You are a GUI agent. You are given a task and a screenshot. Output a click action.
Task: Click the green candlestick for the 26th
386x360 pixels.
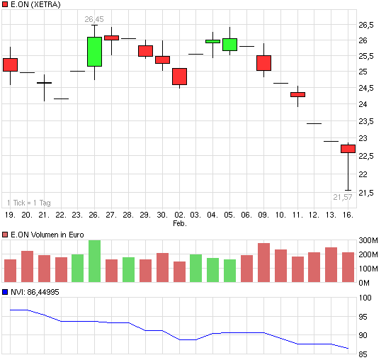[94, 52]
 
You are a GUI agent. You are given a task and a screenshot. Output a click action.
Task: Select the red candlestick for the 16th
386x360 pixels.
[348, 149]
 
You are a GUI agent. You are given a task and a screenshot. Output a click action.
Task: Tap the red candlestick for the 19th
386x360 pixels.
[10, 64]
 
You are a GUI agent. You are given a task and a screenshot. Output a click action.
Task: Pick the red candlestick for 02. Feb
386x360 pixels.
[179, 77]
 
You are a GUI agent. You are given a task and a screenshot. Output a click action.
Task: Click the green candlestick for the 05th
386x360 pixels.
[229, 45]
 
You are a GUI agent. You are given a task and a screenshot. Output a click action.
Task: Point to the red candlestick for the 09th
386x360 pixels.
[263, 63]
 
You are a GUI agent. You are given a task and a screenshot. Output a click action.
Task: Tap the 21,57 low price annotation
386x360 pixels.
[344, 196]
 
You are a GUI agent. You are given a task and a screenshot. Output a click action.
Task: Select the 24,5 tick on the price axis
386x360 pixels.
[366, 88]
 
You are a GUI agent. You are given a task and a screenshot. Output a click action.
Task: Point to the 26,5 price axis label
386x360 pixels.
[366, 24]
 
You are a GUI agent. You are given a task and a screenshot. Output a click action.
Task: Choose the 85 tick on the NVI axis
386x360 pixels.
[365, 354]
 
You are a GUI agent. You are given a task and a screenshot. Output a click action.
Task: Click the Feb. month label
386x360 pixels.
[179, 223]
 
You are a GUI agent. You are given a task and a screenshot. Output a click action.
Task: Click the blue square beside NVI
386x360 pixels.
[6, 291]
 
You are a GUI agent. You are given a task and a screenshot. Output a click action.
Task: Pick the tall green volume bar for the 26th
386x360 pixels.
[94, 261]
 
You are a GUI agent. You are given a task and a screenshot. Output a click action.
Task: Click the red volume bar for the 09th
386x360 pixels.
[263, 263]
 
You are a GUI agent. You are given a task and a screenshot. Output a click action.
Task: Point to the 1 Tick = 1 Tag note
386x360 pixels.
[29, 202]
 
